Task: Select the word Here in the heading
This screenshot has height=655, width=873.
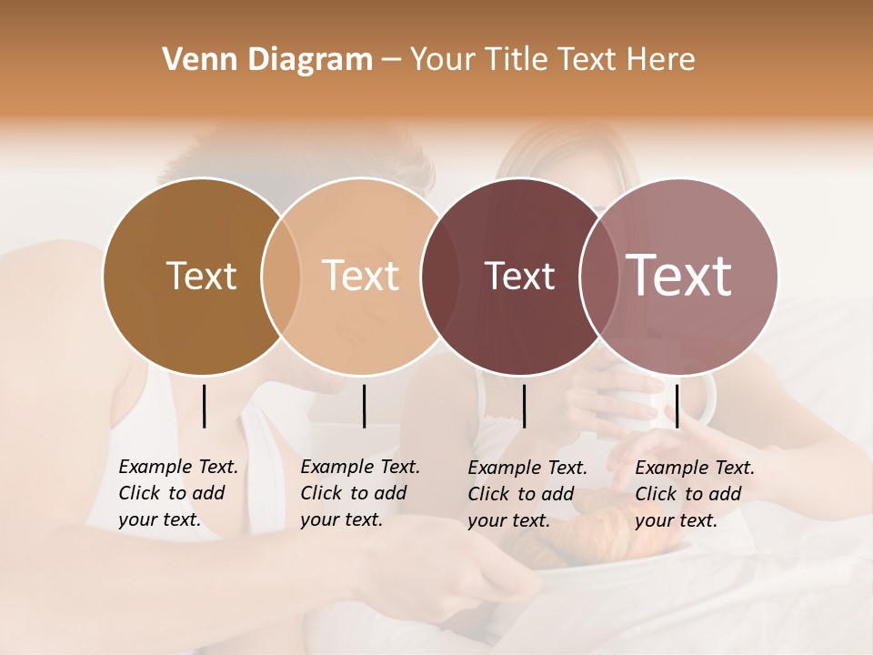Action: click(662, 60)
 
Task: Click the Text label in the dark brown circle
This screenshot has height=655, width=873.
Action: click(201, 276)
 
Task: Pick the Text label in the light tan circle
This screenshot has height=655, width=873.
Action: click(361, 276)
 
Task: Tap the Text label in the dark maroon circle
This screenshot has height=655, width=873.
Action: click(519, 276)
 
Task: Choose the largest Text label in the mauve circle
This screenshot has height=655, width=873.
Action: click(678, 276)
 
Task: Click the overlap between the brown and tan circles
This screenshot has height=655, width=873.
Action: click(281, 277)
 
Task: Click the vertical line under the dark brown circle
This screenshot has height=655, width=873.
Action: click(205, 406)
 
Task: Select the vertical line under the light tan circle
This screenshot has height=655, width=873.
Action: click(364, 406)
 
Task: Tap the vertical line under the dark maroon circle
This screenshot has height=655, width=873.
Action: click(525, 406)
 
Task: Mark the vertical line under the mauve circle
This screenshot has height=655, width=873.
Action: click(677, 406)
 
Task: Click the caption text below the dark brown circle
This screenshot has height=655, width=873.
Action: click(177, 493)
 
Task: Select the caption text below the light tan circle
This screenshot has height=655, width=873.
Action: click(359, 493)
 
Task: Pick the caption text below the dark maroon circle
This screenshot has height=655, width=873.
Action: click(527, 494)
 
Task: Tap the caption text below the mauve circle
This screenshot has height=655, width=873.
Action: click(694, 494)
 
